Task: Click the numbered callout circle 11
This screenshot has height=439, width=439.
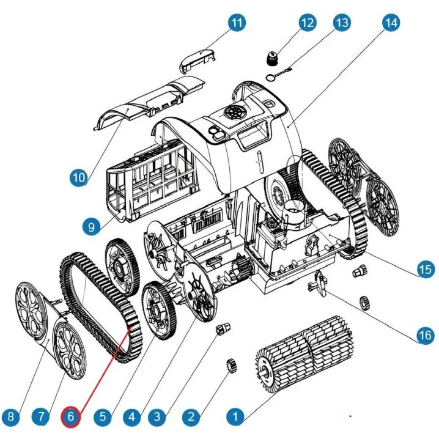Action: click(236, 23)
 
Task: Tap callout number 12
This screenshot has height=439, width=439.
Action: click(307, 23)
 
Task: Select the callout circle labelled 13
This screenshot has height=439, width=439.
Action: click(342, 23)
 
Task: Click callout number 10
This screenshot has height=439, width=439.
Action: click(78, 178)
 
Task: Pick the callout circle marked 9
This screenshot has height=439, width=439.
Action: click(90, 227)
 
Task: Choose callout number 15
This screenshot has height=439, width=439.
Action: click(425, 270)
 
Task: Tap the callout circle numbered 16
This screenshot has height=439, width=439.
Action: click(424, 335)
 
